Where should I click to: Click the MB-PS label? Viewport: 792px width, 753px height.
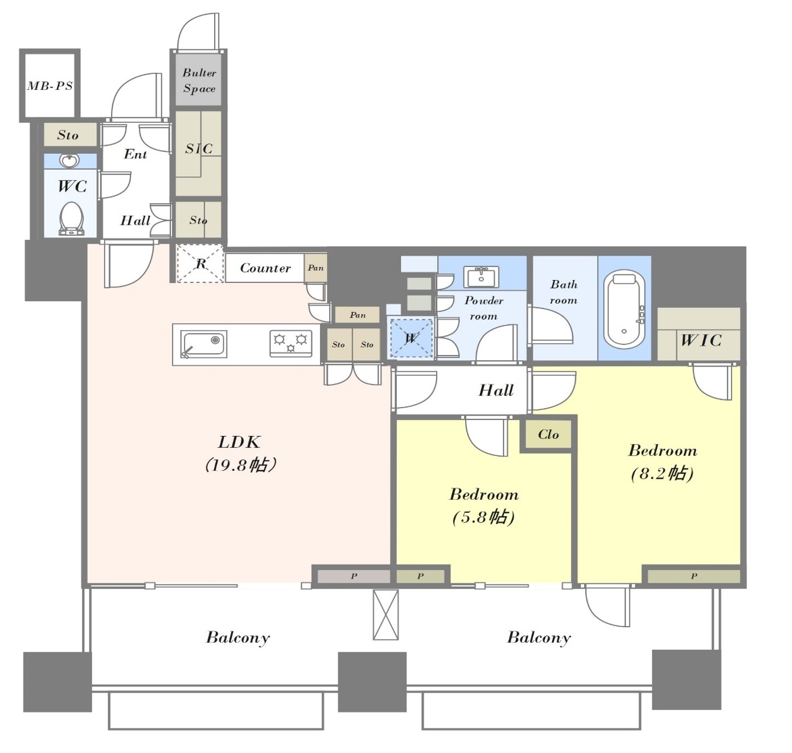coord(50,86)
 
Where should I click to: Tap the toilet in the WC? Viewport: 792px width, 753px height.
coord(71,218)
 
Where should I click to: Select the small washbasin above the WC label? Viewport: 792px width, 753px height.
coord(69,161)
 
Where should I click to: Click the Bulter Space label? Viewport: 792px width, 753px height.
coord(199,80)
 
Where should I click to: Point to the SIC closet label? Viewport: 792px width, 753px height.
coord(199,149)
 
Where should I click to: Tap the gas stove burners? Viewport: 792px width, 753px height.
coord(290,343)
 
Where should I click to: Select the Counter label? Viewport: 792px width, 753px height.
coord(265,268)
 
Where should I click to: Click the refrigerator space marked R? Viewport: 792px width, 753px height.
coord(200,264)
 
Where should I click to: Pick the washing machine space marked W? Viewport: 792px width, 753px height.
coord(410,338)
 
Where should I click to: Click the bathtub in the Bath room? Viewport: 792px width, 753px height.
coord(623,309)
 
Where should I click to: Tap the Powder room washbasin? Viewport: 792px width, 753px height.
coord(481,277)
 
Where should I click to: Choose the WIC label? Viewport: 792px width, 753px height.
coord(700,341)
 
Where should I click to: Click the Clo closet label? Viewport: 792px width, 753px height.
coord(548,434)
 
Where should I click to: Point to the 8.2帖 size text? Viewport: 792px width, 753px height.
coord(662,473)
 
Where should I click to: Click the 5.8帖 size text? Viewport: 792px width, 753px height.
coord(483,517)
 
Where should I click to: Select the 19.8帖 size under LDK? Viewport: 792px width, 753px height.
coord(240,465)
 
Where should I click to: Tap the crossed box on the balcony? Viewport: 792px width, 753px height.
coord(385,615)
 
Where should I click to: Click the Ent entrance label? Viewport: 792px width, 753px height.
coord(135,154)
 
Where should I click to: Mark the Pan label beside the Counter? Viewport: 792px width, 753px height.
coord(315,268)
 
